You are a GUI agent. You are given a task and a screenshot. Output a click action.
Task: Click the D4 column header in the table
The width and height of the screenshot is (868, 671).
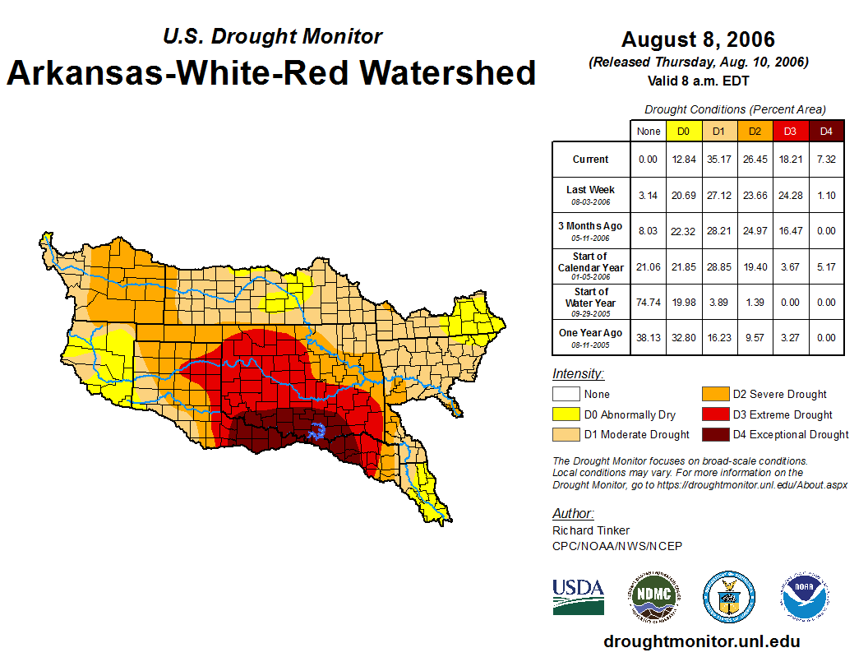click(826, 131)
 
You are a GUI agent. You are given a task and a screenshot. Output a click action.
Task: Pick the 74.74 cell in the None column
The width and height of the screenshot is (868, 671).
click(649, 302)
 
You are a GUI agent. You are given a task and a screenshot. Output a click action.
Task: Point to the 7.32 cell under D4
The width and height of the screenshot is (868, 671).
click(826, 160)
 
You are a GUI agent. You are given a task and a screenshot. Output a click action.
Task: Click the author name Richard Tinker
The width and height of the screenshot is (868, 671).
click(591, 530)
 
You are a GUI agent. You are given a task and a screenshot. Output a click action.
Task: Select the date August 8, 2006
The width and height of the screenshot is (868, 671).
click(698, 39)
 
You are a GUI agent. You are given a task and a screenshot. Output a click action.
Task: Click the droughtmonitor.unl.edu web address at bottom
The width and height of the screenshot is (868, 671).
click(701, 641)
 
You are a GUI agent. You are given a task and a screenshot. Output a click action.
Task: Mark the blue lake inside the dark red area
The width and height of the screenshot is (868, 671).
click(317, 431)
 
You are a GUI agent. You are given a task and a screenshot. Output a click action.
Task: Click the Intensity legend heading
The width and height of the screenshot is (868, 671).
click(578, 374)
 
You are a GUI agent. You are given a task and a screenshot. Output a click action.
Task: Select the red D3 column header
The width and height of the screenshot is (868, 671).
click(790, 131)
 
